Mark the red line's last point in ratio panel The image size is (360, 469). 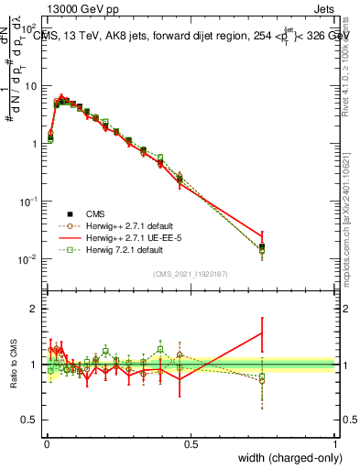tap(263, 333)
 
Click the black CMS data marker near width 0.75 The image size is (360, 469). tap(263, 246)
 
